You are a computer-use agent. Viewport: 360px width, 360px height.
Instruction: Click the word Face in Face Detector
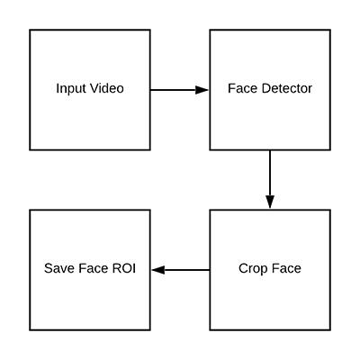click(x=243, y=88)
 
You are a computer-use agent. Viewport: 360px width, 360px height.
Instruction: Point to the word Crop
click(x=254, y=269)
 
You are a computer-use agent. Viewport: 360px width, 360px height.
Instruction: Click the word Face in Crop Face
click(x=286, y=268)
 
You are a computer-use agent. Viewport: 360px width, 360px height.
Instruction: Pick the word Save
click(x=59, y=268)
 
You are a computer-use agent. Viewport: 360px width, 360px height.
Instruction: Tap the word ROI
click(x=124, y=268)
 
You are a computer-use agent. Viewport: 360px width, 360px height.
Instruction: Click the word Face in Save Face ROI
click(x=94, y=268)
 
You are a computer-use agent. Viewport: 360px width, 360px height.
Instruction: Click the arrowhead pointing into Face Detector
click(x=202, y=90)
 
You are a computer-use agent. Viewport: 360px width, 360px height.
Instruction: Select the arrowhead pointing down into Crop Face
click(x=270, y=202)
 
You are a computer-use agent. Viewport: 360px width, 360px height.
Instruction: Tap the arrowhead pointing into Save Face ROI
click(x=158, y=270)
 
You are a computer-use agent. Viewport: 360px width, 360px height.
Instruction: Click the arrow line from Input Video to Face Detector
click(x=179, y=90)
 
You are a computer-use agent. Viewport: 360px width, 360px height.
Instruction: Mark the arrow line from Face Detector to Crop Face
click(x=270, y=179)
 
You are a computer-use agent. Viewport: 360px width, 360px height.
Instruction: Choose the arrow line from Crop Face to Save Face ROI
click(x=181, y=270)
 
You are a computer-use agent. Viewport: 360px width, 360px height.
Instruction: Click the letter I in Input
click(x=58, y=88)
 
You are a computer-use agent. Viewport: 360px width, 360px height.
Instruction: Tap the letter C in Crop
click(x=244, y=268)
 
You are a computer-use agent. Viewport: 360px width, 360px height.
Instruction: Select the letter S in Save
click(x=49, y=268)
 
